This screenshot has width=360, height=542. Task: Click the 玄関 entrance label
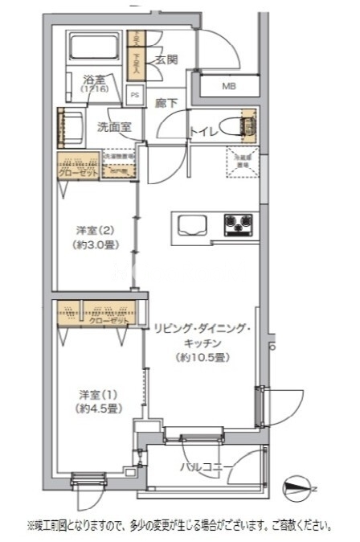166,60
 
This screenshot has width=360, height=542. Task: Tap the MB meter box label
228,87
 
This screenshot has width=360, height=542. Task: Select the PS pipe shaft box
134,94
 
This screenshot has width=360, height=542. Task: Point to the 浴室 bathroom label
94,80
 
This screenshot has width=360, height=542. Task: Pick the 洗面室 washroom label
114,127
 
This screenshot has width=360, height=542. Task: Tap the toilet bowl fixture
238,125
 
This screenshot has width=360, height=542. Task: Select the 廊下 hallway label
167,103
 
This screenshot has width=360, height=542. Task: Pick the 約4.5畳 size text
99,409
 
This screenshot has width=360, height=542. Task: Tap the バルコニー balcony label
206,467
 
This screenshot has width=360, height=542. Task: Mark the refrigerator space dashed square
239,160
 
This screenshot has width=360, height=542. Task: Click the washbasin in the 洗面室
72,126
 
